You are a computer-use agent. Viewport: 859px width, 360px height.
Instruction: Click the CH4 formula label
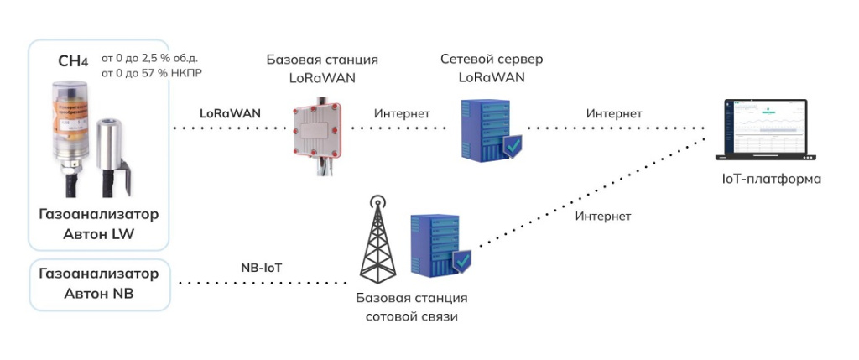tap(72, 61)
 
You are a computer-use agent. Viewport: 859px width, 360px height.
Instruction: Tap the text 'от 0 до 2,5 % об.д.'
tap(149, 58)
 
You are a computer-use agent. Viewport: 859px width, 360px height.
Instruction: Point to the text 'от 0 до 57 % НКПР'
tap(151, 73)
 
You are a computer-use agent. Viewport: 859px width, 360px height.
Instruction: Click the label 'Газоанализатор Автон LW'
tap(98, 224)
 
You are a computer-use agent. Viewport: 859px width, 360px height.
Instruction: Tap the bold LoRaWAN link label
tap(230, 112)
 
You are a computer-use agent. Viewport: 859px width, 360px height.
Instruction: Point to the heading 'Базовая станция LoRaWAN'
tap(322, 69)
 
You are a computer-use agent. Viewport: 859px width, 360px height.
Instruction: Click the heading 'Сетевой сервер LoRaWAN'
tap(492, 69)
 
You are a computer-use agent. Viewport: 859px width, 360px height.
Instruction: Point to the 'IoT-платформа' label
tap(771, 180)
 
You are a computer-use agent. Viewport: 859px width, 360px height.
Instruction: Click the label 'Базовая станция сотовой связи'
tap(410, 307)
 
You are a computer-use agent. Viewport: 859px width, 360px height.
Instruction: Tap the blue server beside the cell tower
tap(433, 244)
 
